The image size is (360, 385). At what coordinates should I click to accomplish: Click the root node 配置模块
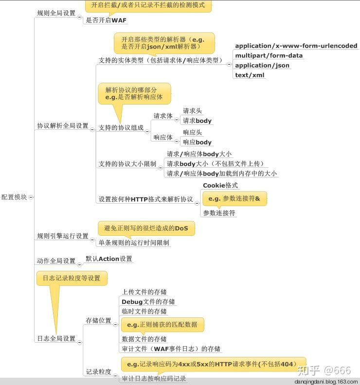[14, 197]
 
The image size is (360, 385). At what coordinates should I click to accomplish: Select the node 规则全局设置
[56, 13]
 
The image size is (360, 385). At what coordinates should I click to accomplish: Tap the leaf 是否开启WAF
[106, 20]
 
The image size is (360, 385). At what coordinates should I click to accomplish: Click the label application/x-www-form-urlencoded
[296, 46]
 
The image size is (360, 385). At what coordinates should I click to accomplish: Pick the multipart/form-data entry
[269, 55]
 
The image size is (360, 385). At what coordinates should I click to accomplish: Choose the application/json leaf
[262, 65]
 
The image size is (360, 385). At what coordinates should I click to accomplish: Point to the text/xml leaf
[250, 75]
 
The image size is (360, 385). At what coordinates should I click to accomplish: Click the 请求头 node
[192, 111]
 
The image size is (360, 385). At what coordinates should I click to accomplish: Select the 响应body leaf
[197, 142]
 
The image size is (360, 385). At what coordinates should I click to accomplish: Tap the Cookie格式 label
[220, 185]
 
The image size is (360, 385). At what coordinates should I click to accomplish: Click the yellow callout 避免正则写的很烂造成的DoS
[146, 228]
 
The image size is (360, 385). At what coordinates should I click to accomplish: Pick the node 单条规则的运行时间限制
[134, 243]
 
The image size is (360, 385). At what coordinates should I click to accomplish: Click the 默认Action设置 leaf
[109, 259]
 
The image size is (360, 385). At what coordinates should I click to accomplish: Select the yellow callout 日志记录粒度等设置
[72, 278]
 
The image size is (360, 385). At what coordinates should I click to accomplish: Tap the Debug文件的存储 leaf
[148, 301]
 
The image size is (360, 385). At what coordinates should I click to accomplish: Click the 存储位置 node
[98, 320]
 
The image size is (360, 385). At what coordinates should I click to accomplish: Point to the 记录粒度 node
[98, 372]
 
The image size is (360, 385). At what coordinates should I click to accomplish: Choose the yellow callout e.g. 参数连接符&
[234, 198]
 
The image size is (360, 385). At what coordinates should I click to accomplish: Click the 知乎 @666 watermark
[324, 370]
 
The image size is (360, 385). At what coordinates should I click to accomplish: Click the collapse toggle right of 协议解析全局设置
[92, 125]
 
